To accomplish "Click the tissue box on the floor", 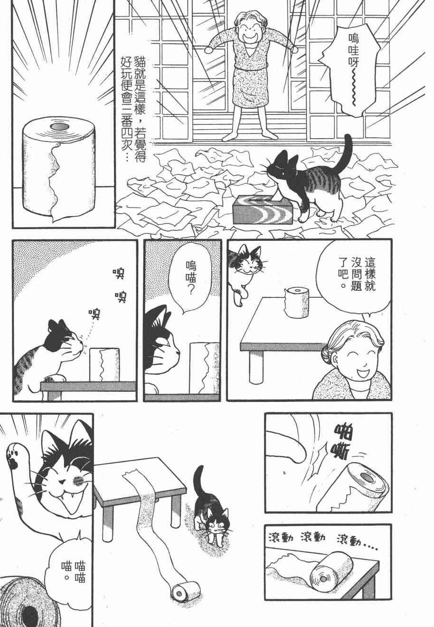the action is tap(263, 209).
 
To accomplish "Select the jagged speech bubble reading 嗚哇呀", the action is tap(353, 65).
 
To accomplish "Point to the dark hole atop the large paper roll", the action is tap(60, 126).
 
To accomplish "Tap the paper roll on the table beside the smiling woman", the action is tap(297, 303).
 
